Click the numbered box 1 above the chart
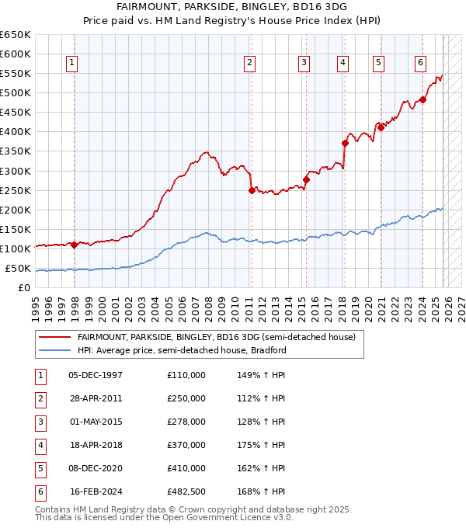click(x=71, y=63)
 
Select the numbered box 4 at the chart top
click(x=343, y=63)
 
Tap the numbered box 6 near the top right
click(x=420, y=63)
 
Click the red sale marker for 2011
click(x=252, y=190)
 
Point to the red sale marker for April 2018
click(x=345, y=143)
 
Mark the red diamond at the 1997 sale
click(x=74, y=245)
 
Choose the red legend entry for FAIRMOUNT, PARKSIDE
click(x=216, y=337)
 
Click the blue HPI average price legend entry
click(x=182, y=350)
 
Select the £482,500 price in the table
click(x=186, y=492)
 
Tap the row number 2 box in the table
click(x=40, y=398)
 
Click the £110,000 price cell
click(x=186, y=375)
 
